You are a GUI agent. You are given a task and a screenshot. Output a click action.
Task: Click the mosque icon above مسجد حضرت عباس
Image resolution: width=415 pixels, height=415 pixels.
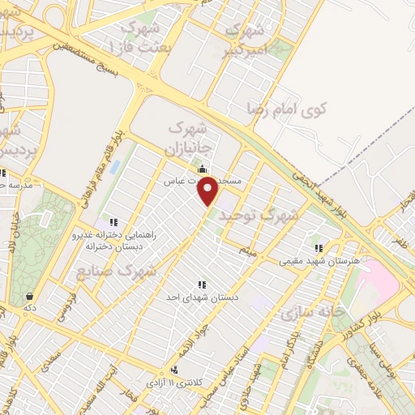[201, 167]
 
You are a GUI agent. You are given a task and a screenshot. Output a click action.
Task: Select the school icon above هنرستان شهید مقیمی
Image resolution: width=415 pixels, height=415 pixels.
[319, 247]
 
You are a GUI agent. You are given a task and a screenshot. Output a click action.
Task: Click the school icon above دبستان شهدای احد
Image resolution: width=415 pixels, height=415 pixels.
[200, 285]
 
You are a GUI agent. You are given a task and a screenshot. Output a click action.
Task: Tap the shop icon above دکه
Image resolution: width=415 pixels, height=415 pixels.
[29, 296]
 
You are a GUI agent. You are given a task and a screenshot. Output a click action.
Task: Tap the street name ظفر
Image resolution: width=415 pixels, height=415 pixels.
[400, 241]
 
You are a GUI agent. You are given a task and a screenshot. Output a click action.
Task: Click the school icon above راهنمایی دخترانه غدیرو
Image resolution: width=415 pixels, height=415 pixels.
[113, 222]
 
